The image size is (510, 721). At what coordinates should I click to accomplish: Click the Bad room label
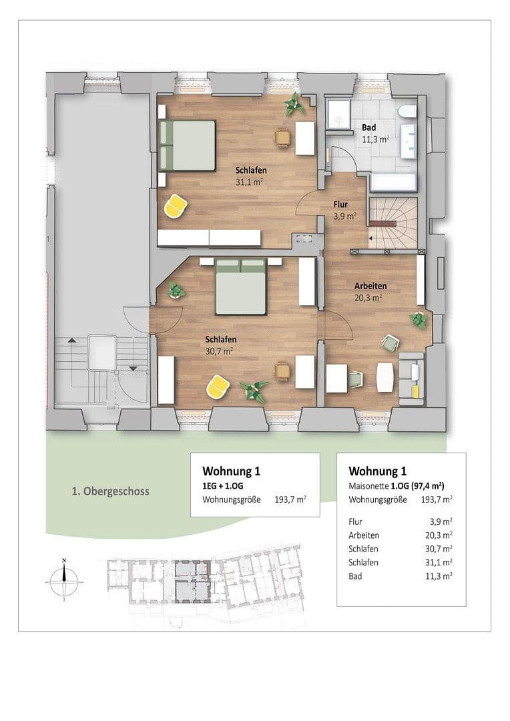368,128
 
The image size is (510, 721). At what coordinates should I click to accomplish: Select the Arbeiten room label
370,286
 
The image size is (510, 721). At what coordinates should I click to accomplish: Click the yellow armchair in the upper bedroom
175,206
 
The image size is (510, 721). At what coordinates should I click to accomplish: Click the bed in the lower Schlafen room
240,286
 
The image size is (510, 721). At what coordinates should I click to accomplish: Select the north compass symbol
64,578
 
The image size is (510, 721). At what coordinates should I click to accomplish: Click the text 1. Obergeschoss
110,491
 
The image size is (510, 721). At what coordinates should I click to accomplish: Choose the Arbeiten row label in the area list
364,535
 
